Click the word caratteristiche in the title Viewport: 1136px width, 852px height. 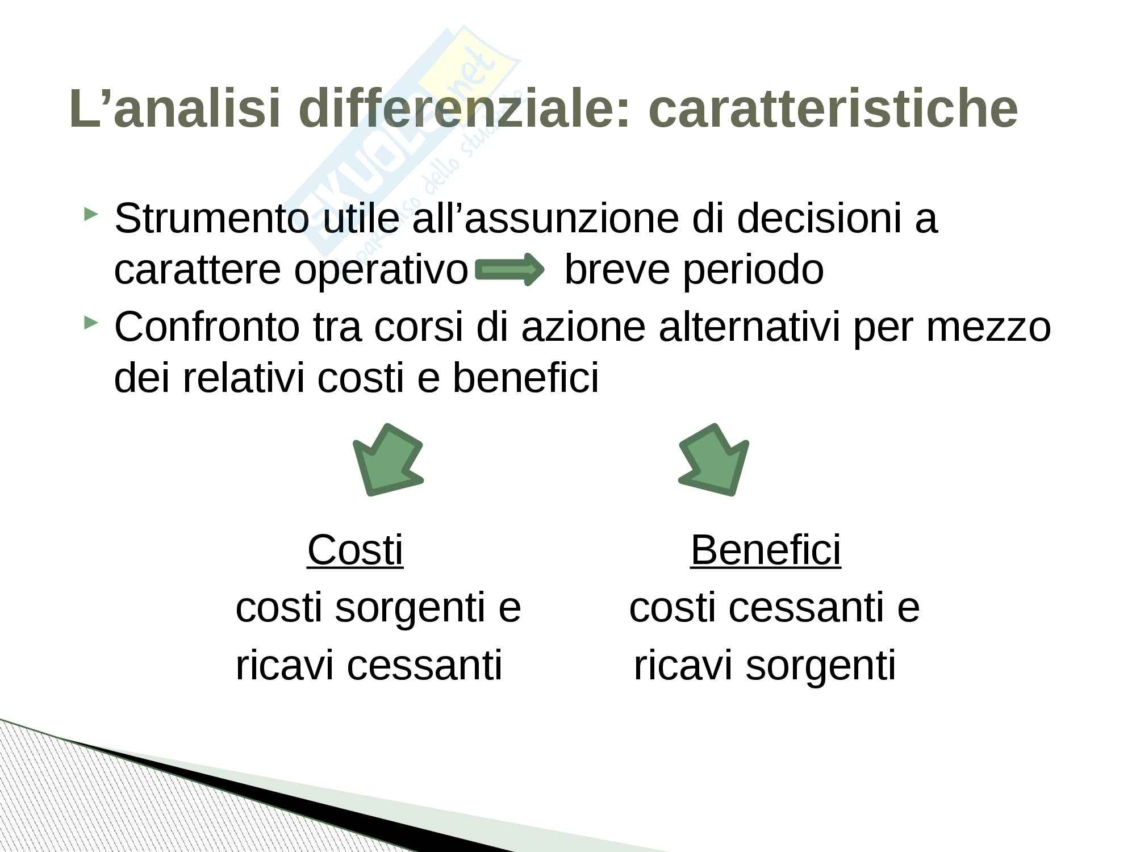pos(833,108)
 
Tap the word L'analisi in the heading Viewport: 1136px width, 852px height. pos(176,108)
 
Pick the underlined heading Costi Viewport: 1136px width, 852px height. pos(356,549)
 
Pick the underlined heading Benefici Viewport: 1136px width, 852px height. pos(766,549)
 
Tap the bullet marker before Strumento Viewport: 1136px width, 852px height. pos(90,214)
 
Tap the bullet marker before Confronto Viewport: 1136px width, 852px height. pos(90,323)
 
